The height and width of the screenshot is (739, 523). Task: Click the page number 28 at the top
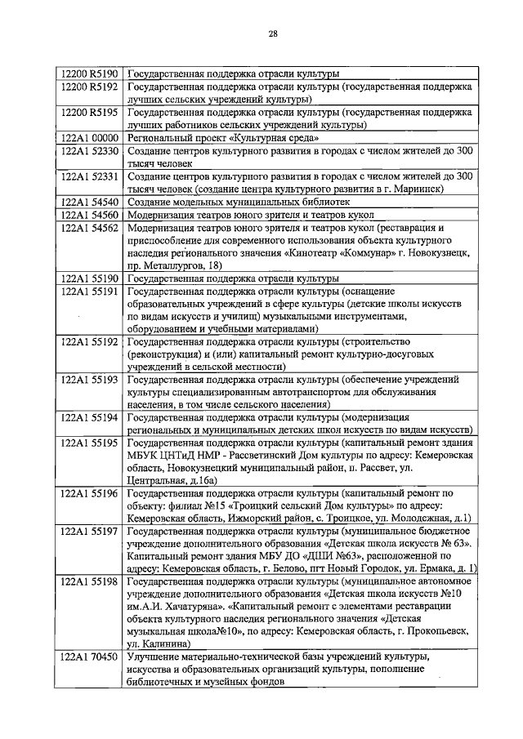273,33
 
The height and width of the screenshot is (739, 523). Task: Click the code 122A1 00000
91,138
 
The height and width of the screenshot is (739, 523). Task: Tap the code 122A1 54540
91,201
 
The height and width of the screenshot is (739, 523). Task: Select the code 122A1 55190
91,279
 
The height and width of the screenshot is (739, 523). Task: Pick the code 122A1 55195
91,443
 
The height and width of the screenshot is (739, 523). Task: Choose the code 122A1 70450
91,656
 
